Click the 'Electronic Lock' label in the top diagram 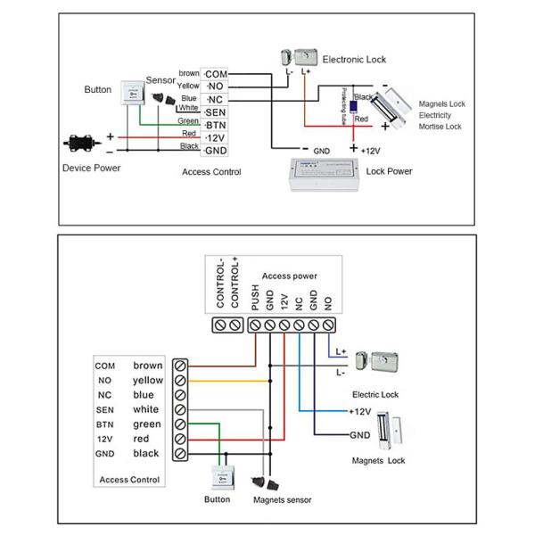point(354,59)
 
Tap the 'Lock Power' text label point(389,170)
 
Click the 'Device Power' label point(91,167)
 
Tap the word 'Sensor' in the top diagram point(160,80)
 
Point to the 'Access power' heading point(290,276)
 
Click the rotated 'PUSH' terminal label point(254,300)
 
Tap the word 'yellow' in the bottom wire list point(148,380)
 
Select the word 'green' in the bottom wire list point(146,424)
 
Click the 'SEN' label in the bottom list point(104,409)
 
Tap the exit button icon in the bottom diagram point(218,478)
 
